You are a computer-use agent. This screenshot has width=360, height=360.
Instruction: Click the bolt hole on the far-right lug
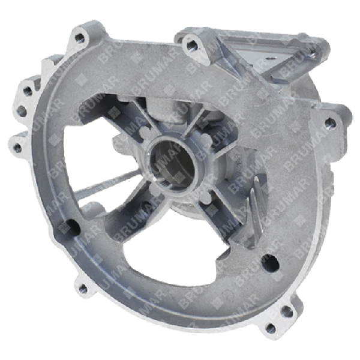[328, 124]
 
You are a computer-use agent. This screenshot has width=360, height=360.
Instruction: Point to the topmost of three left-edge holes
[28, 92]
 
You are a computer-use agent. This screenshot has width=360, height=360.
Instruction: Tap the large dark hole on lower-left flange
[73, 227]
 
